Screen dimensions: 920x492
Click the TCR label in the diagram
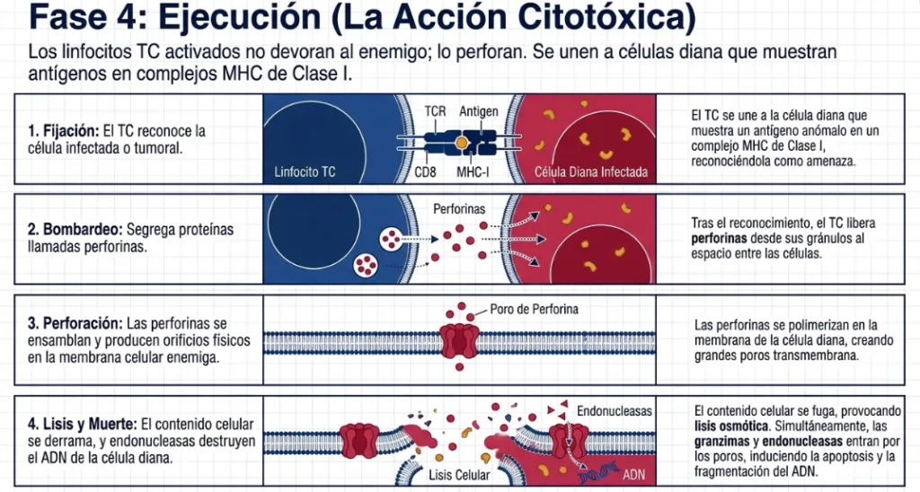coord(435,111)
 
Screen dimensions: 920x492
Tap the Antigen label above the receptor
coord(479,111)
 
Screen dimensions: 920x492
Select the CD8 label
coord(425,172)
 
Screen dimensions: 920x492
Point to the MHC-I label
coord(473,172)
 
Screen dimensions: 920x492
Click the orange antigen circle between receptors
coord(462,142)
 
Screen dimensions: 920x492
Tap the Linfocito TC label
coord(305,171)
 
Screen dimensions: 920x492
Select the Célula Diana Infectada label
coord(591,171)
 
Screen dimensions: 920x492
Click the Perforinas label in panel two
coord(459,209)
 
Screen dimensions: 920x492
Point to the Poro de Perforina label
coord(534,309)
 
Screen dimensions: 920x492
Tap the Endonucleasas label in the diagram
coord(615,411)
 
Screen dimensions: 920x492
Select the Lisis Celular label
coord(459,475)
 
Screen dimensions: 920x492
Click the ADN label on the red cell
coord(633,474)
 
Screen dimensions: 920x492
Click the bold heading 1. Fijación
coord(64,131)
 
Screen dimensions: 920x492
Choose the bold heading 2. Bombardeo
coord(75,229)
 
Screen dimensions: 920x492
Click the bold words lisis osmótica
coord(731,426)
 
